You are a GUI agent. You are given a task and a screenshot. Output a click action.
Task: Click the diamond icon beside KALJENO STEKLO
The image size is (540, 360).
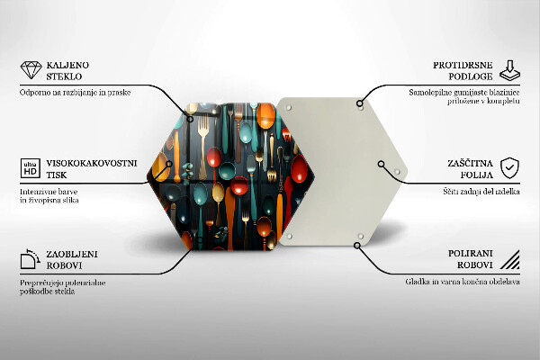point(31,70)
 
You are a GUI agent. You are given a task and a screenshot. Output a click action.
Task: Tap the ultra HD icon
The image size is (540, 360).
point(31,168)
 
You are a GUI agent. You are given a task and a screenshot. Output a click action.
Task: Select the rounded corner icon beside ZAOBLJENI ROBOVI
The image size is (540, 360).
point(31,259)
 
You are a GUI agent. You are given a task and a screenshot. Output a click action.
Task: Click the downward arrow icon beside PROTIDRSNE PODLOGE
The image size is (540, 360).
point(509,70)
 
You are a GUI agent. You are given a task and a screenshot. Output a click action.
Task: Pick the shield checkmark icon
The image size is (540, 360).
point(509,168)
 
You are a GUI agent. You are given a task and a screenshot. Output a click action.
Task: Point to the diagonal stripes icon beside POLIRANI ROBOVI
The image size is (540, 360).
point(510,259)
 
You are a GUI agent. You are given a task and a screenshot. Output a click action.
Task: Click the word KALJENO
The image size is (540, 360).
point(67,65)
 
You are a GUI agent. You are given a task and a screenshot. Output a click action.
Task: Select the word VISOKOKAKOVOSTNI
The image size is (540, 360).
point(92,163)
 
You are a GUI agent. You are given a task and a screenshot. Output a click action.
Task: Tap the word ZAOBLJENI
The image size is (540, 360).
point(72,254)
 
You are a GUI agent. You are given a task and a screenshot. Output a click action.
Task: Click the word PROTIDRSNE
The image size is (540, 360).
point(463,65)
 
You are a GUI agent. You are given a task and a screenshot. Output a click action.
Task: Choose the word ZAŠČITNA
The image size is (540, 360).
point(470,163)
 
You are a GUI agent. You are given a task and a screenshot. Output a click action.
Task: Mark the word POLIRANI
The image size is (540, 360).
point(471,254)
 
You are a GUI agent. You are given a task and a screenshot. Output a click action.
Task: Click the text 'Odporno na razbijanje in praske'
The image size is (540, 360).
point(75,93)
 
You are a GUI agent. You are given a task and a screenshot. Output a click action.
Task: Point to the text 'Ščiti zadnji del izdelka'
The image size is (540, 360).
point(481,192)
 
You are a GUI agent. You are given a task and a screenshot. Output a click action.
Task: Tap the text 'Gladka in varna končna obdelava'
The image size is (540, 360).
point(463,282)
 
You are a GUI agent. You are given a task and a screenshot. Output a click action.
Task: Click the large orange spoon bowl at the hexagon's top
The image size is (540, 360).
point(265,116)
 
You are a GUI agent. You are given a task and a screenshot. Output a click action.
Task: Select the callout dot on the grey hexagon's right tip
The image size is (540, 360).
point(381,164)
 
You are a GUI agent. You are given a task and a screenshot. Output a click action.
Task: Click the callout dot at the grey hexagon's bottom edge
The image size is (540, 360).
point(357,246)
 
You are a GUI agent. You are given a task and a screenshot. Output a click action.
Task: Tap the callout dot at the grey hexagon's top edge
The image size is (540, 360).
point(359,103)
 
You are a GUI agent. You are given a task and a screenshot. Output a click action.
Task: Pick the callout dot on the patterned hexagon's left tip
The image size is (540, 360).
point(169,164)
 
